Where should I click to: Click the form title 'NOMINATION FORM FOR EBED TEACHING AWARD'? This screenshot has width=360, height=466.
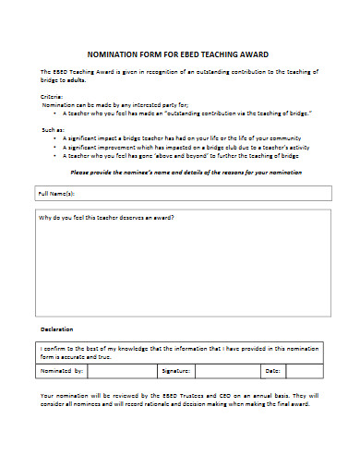[177, 54]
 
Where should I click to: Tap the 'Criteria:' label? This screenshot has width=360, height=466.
[52, 96]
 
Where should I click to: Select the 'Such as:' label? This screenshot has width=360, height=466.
[54, 130]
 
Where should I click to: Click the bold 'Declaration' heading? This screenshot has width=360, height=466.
[56, 329]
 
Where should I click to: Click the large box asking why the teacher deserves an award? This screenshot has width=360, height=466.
[182, 268]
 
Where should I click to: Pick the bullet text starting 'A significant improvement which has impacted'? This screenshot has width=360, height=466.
[187, 148]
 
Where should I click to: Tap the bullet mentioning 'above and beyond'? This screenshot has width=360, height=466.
[175, 156]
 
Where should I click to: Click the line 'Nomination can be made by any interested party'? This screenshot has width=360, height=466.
[109, 104]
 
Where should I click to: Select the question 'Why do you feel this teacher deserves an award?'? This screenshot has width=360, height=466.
[106, 218]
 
